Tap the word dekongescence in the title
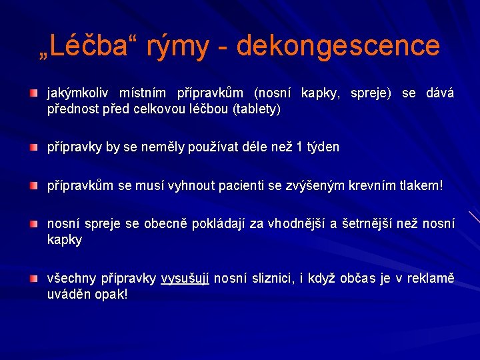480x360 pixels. coord(338,46)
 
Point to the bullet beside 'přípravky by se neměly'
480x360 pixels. coord(34,146)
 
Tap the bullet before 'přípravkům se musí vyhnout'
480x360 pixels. coord(34,183)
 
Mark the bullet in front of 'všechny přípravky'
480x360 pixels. coord(34,277)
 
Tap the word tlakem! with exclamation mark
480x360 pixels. coord(420,183)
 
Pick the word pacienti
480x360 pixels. coord(243,183)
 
